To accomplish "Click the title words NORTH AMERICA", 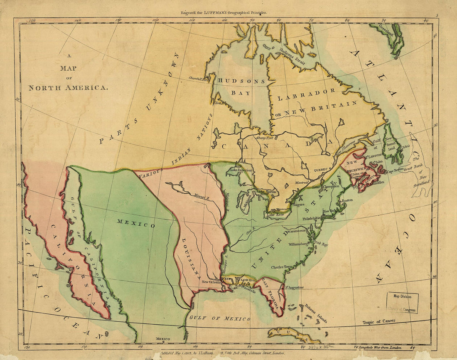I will [x=69, y=88].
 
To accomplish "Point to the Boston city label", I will [x=347, y=201].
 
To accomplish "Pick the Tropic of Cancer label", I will [x=378, y=322].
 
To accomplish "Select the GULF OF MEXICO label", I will [x=220, y=318].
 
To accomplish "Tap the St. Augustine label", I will [x=294, y=287].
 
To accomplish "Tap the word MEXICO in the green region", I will [x=136, y=223].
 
